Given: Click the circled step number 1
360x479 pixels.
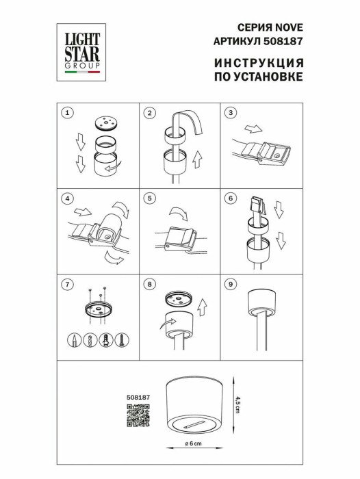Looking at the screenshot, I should pos(66,112).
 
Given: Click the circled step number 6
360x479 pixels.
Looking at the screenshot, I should pos(231,199).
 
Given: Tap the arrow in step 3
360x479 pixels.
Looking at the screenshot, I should pos(253,129).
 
